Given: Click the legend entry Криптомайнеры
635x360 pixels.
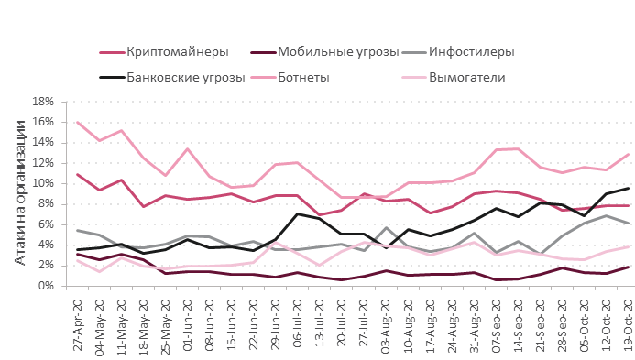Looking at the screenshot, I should (178, 51).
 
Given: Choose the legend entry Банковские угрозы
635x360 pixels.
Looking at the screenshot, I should (186, 77).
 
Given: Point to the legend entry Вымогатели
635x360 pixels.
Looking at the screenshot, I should (467, 77).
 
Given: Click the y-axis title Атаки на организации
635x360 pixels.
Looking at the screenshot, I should (21, 193).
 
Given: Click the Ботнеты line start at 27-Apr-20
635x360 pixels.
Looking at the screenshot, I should (78, 122).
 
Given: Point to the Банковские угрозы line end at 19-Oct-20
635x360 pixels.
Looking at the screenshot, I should (628, 188).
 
